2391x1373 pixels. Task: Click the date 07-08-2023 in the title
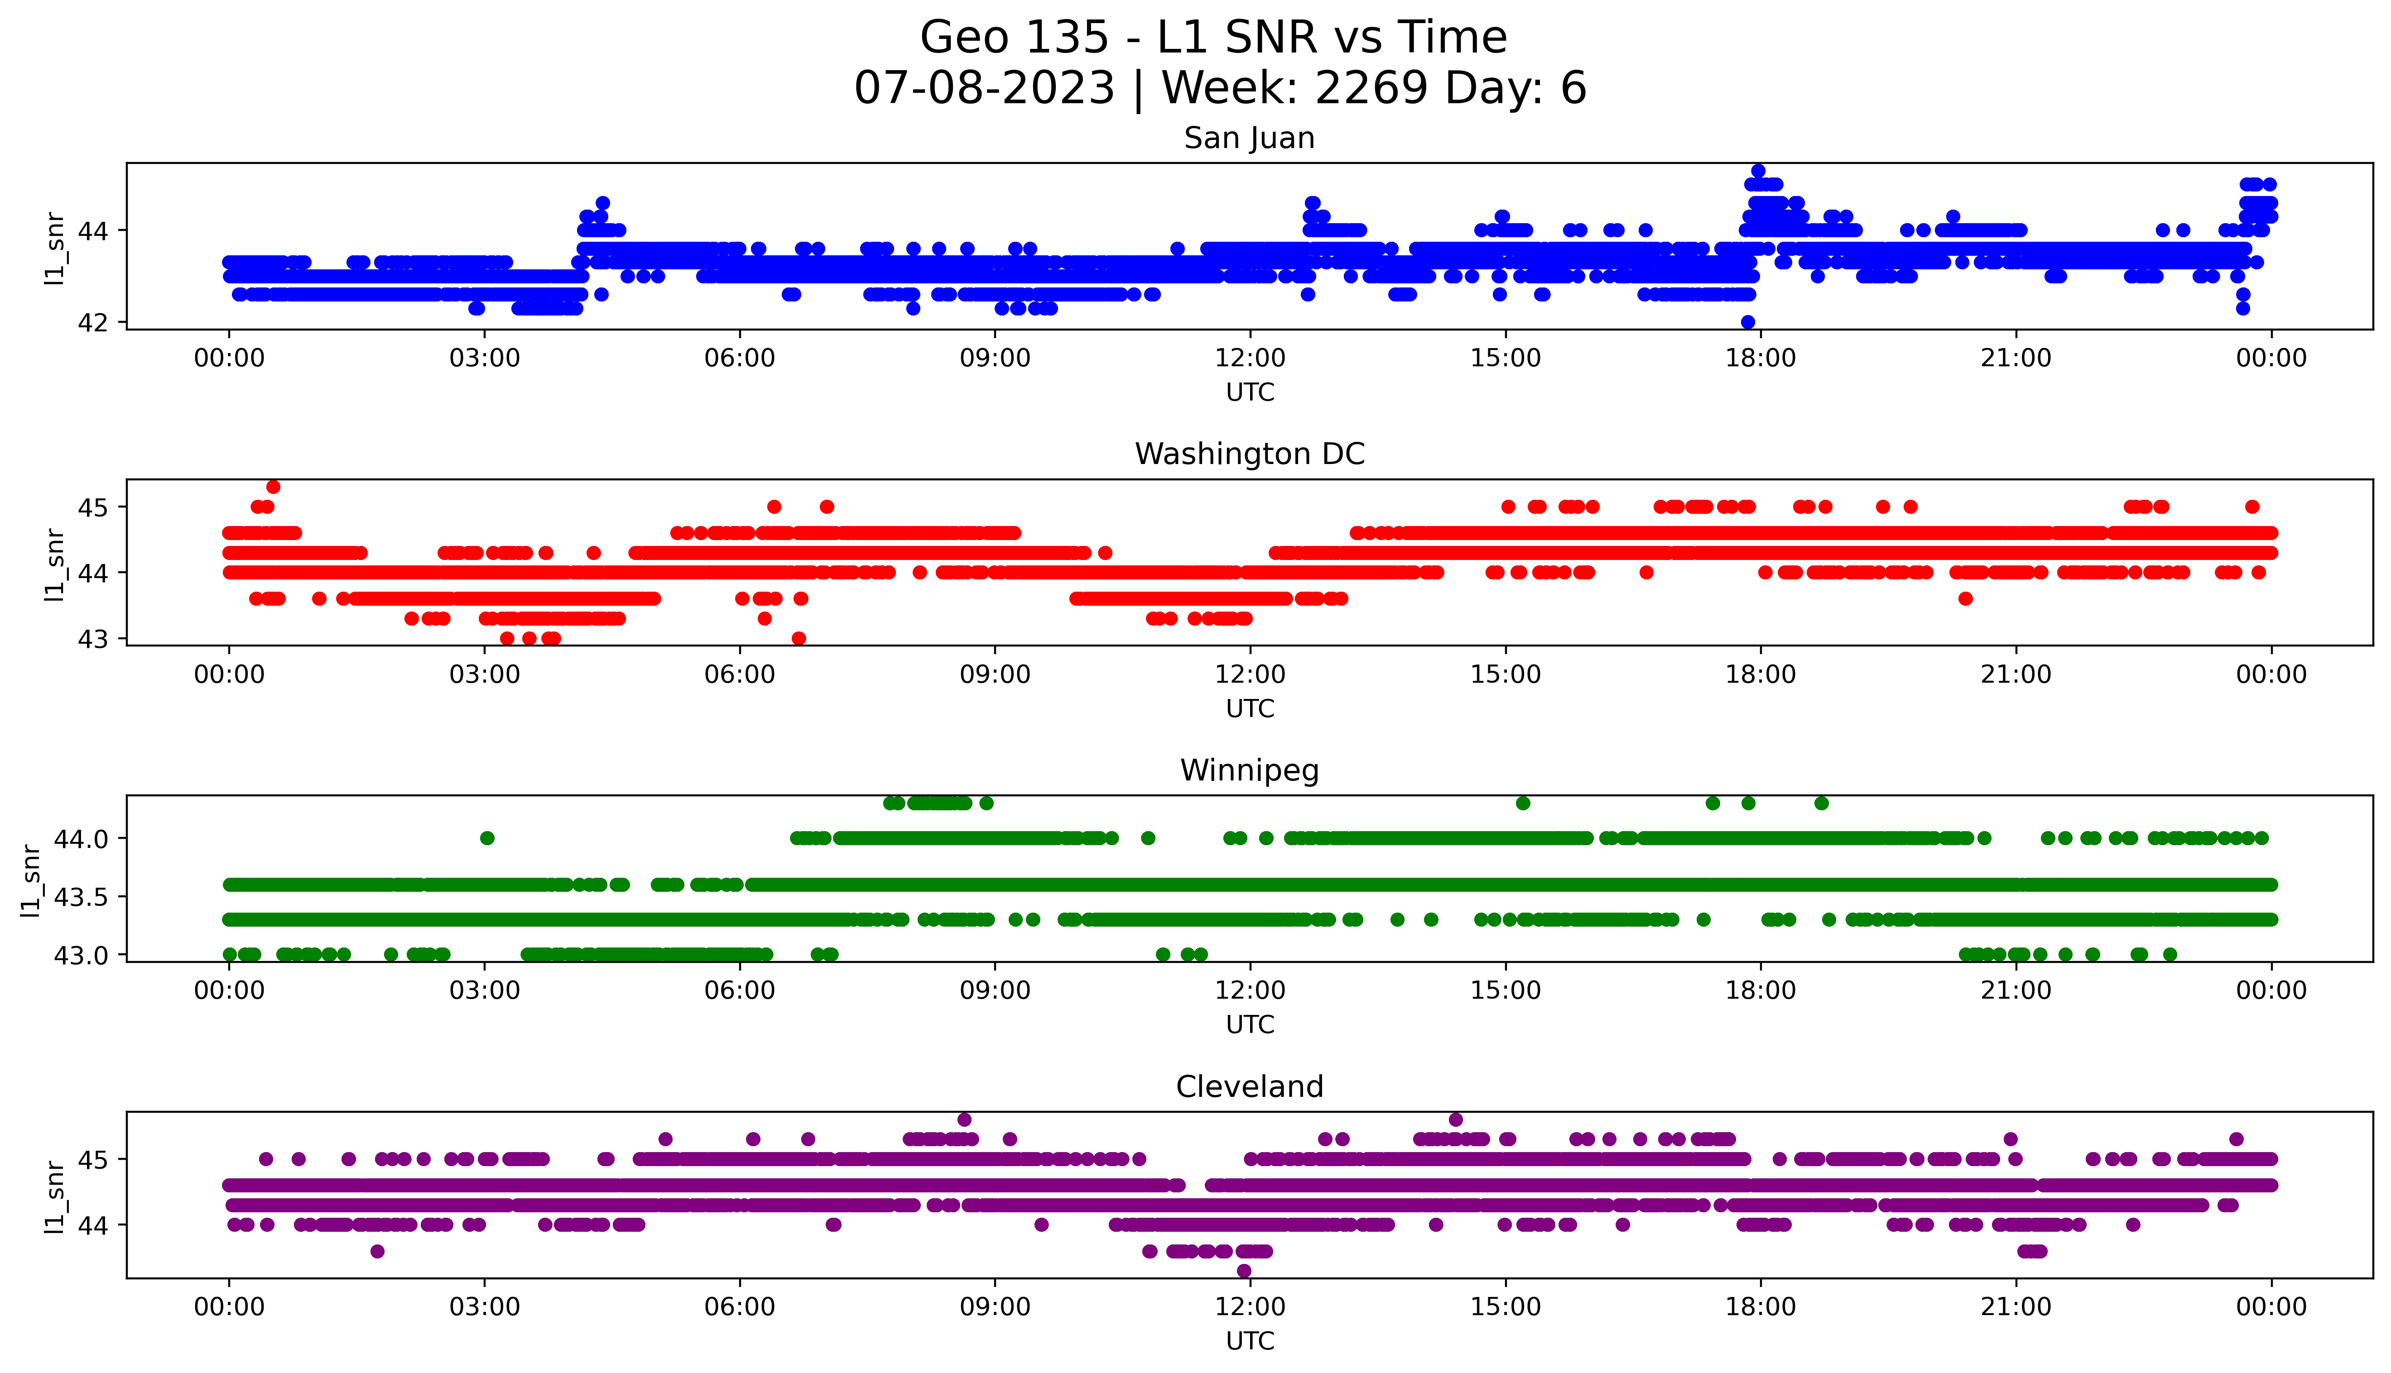tap(984, 89)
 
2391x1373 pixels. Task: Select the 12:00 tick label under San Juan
tap(1250, 359)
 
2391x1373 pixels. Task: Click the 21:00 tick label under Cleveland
tap(2016, 1307)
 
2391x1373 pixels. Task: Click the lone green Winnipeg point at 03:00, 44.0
tap(487, 837)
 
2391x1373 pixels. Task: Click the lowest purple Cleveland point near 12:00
tap(1244, 1271)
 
